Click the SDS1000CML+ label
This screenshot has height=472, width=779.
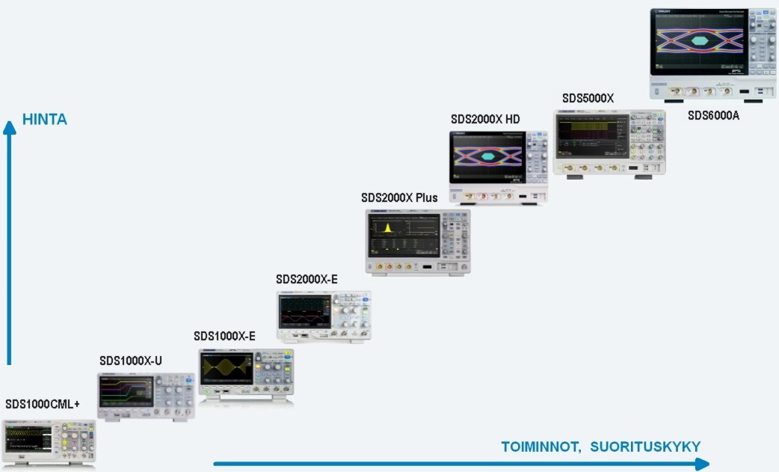43,405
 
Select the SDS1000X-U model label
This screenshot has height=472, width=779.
131,361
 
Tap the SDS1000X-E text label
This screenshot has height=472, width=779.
224,336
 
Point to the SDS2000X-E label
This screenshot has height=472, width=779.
307,279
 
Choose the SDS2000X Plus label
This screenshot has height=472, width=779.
399,197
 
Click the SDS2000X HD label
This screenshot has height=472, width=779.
485,119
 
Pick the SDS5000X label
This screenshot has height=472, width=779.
588,98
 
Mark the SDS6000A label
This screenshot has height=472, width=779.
713,115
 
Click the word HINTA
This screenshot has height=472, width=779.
45,120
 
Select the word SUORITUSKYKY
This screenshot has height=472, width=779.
645,447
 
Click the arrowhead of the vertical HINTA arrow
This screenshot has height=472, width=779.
10,126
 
